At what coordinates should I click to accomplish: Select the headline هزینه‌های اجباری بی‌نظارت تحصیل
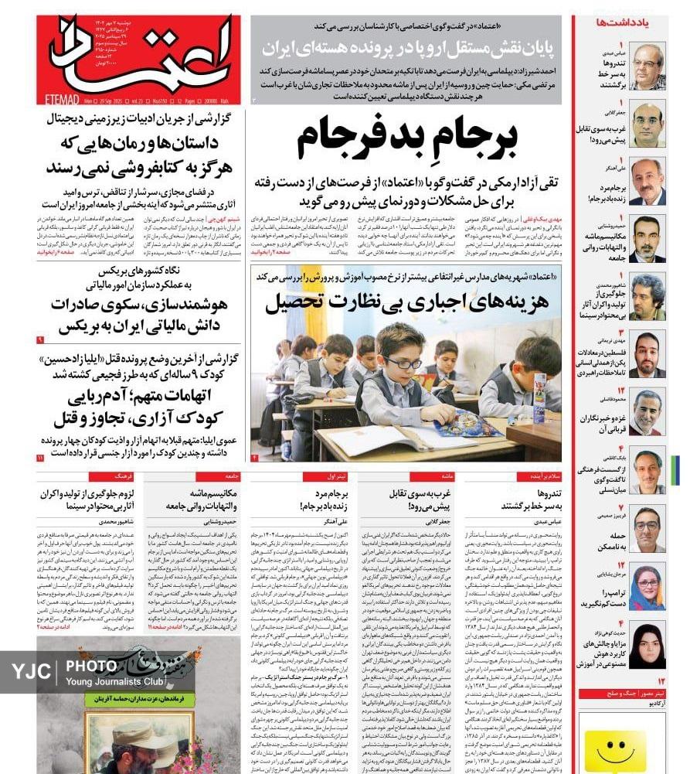pyautogui.click(x=407, y=302)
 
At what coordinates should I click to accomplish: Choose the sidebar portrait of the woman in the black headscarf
pyautogui.click(x=647, y=645)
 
